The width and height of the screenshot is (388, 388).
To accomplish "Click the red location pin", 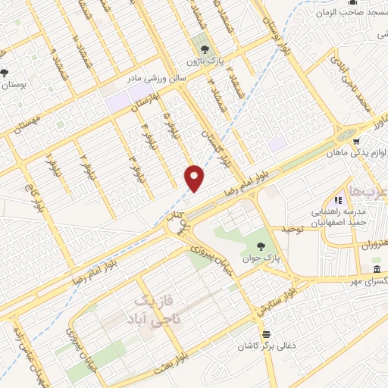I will point(196,178).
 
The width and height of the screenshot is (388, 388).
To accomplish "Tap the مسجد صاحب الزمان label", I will point(348,11).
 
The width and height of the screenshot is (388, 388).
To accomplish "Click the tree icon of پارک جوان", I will point(261,246).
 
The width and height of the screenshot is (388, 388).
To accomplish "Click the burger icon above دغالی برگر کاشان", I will point(265,334).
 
